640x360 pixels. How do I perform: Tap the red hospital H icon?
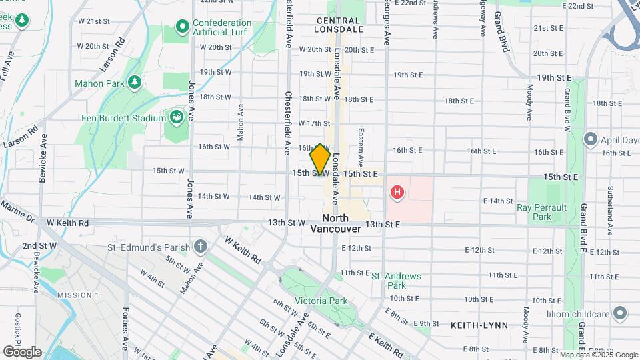397,193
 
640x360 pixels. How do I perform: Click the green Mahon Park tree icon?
135,82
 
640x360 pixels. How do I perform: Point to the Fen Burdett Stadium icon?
177,118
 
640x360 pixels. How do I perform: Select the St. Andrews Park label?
396,281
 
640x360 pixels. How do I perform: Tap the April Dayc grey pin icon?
589,139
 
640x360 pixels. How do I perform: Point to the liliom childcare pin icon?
621,313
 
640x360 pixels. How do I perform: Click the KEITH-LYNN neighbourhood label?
479,325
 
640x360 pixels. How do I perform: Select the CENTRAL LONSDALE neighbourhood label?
339,25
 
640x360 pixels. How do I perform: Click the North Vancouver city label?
335,223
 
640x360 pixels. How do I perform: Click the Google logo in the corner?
22,351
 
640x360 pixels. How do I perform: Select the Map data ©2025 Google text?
599,355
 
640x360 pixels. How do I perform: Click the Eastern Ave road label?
361,147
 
